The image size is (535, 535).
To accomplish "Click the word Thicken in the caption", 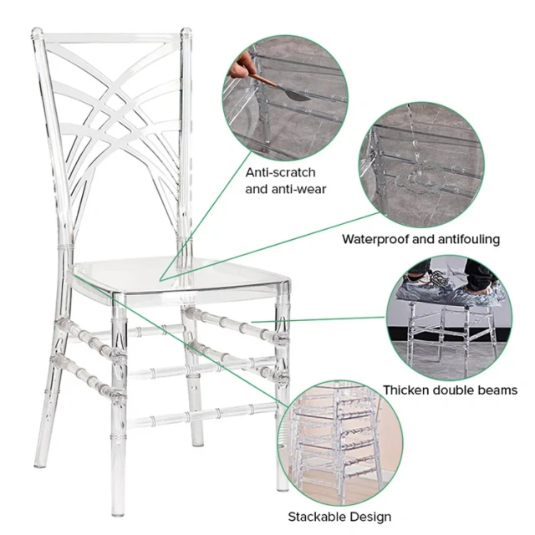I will (x=407, y=390).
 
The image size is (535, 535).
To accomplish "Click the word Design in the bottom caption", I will (x=371, y=516).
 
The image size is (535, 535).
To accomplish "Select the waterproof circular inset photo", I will (x=421, y=164).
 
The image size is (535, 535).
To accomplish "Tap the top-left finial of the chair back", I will (x=37, y=35).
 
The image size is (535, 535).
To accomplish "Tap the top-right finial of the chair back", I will (x=186, y=36).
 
